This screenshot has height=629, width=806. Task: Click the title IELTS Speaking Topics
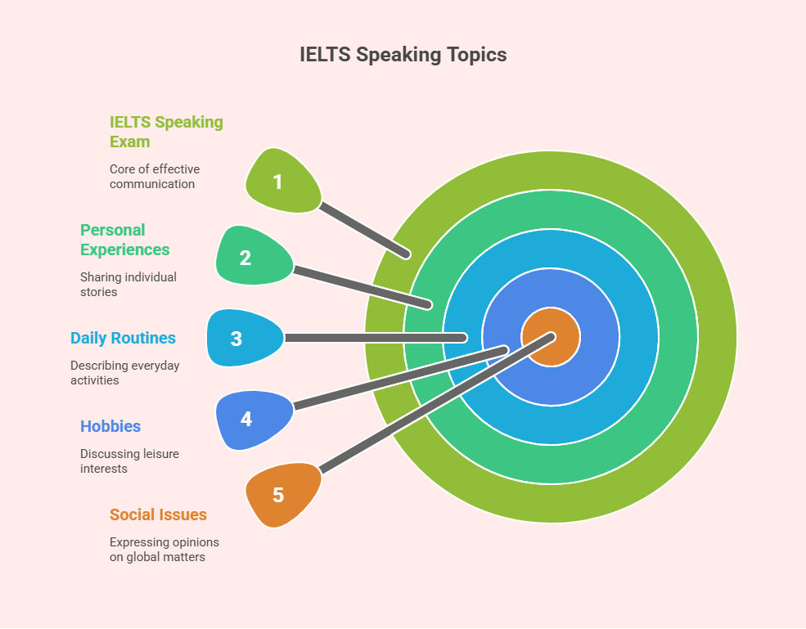tap(403, 55)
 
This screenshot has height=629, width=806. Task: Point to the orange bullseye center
tap(551, 337)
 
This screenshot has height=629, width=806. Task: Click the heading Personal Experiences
tap(125, 240)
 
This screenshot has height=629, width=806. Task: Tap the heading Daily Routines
tap(123, 338)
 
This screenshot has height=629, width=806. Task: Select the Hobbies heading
tap(110, 426)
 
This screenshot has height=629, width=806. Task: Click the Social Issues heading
tap(158, 514)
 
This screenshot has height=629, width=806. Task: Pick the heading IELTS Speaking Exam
tap(166, 132)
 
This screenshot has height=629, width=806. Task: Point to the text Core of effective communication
tap(154, 176)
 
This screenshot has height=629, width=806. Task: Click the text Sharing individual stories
tap(128, 284)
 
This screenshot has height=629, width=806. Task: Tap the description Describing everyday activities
tap(125, 372)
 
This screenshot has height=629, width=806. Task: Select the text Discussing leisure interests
tap(129, 461)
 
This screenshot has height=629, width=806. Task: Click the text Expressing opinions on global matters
tap(164, 550)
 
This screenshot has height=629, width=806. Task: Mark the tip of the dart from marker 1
tap(407, 254)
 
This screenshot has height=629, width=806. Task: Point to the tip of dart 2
tap(428, 305)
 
